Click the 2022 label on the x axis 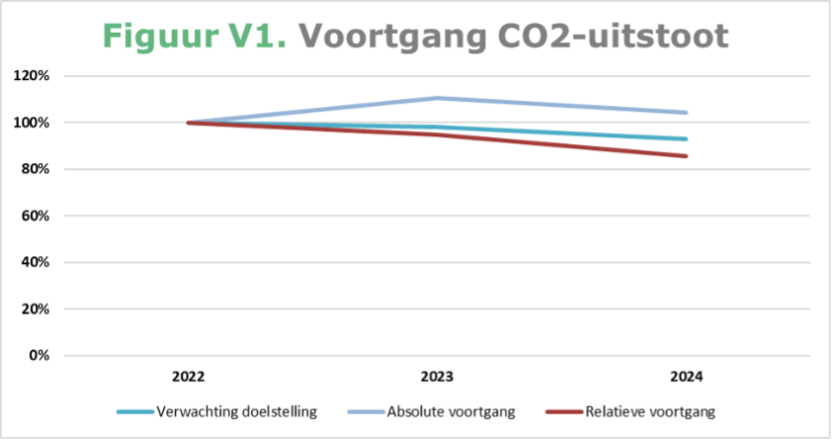[x=188, y=377]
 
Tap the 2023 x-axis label [x=437, y=377]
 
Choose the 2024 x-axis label [x=686, y=377]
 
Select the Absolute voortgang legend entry [x=443, y=410]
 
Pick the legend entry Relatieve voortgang [x=647, y=410]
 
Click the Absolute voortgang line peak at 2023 [x=437, y=98]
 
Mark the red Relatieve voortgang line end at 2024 [x=686, y=156]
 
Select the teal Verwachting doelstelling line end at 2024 [x=686, y=138]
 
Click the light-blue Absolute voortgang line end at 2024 [x=686, y=113]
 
